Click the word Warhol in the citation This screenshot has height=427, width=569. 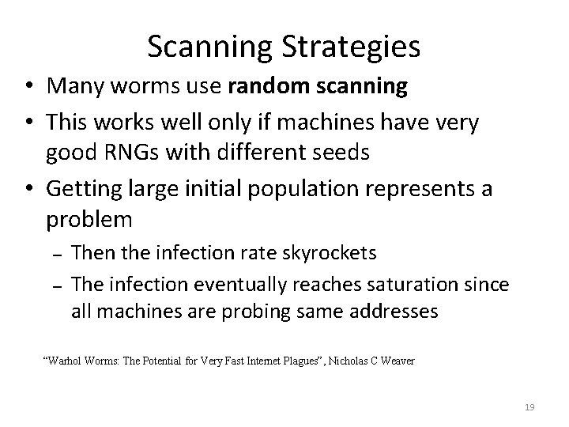[66, 361]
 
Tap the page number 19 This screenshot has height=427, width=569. [529, 407]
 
